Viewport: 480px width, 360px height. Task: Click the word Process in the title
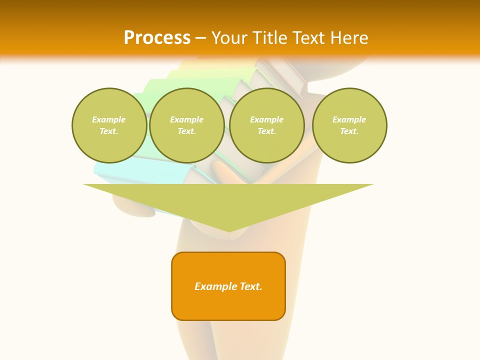click(157, 38)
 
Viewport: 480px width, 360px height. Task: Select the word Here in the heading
click(349, 38)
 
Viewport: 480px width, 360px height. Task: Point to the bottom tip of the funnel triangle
click(229, 231)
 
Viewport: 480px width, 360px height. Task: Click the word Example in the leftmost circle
click(109, 120)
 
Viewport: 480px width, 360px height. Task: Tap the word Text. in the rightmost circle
click(349, 131)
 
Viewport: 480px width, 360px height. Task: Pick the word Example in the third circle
click(266, 120)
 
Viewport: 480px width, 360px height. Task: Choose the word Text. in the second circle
click(186, 131)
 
